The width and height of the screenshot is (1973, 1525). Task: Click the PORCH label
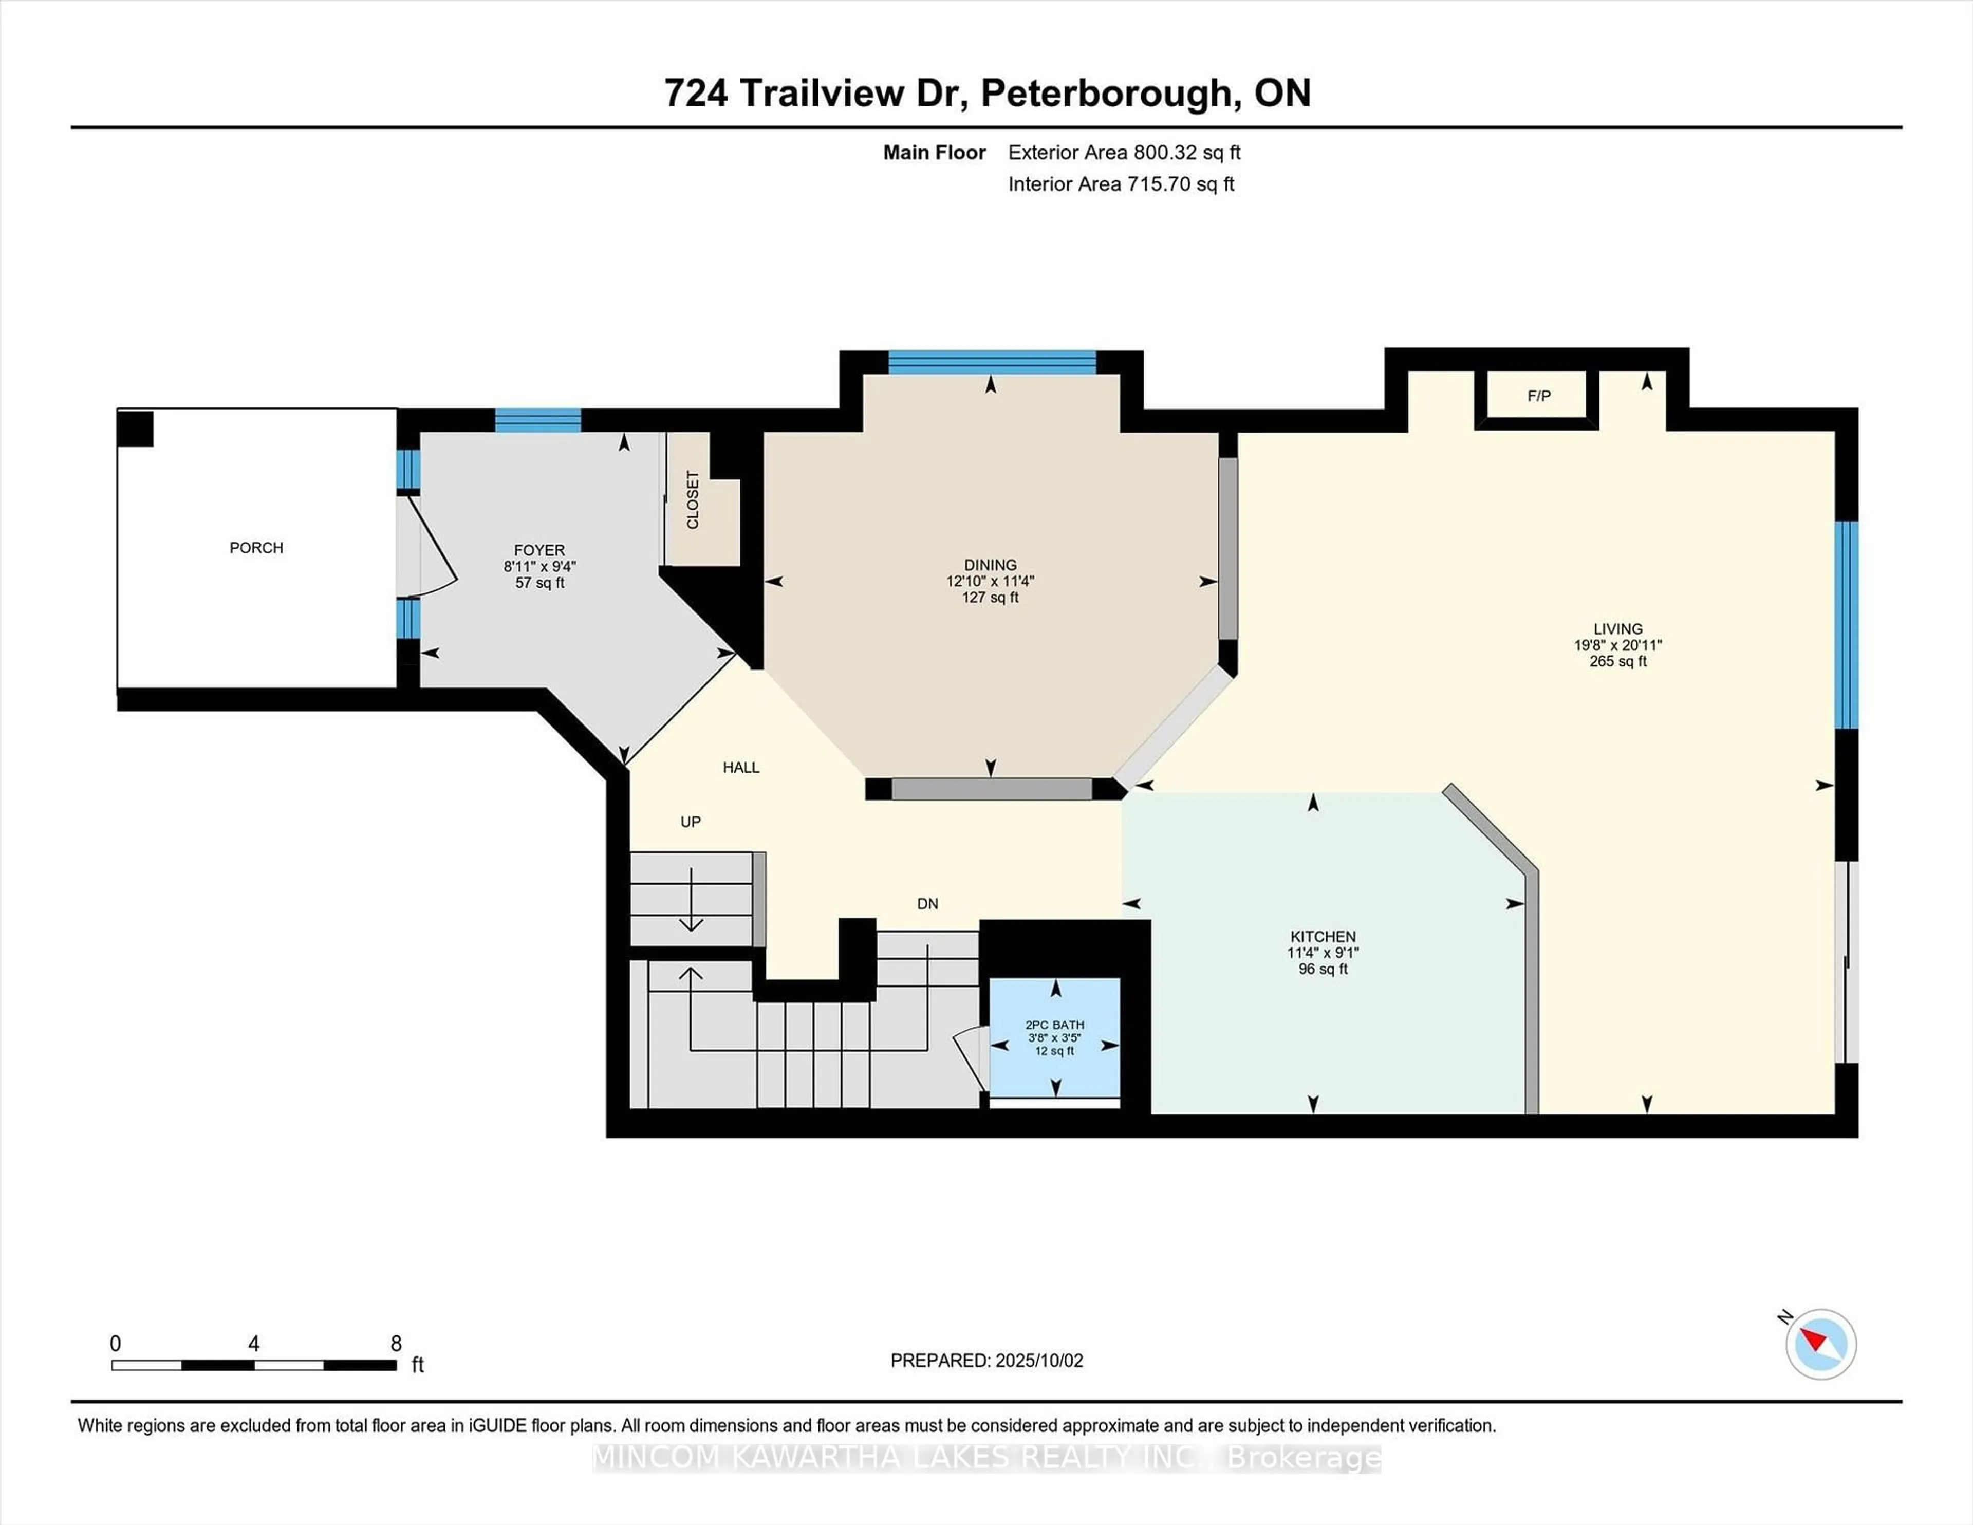pos(256,548)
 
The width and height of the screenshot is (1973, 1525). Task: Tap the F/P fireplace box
pos(1538,396)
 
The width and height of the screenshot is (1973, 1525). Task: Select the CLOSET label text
pos(693,499)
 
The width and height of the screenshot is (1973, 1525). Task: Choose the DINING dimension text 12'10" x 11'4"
pos(990,581)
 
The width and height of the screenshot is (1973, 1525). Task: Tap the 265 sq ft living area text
pos(1618,661)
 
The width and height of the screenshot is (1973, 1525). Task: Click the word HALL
pos(741,767)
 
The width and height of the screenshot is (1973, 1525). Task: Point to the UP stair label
pos(690,821)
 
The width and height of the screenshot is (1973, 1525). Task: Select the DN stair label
pos(928,903)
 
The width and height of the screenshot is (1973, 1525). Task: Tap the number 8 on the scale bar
pos(396,1344)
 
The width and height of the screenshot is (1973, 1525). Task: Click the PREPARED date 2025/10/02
pos(1038,1361)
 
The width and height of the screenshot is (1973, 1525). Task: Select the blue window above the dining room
pos(992,362)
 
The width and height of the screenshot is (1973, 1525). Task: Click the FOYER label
pos(539,550)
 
